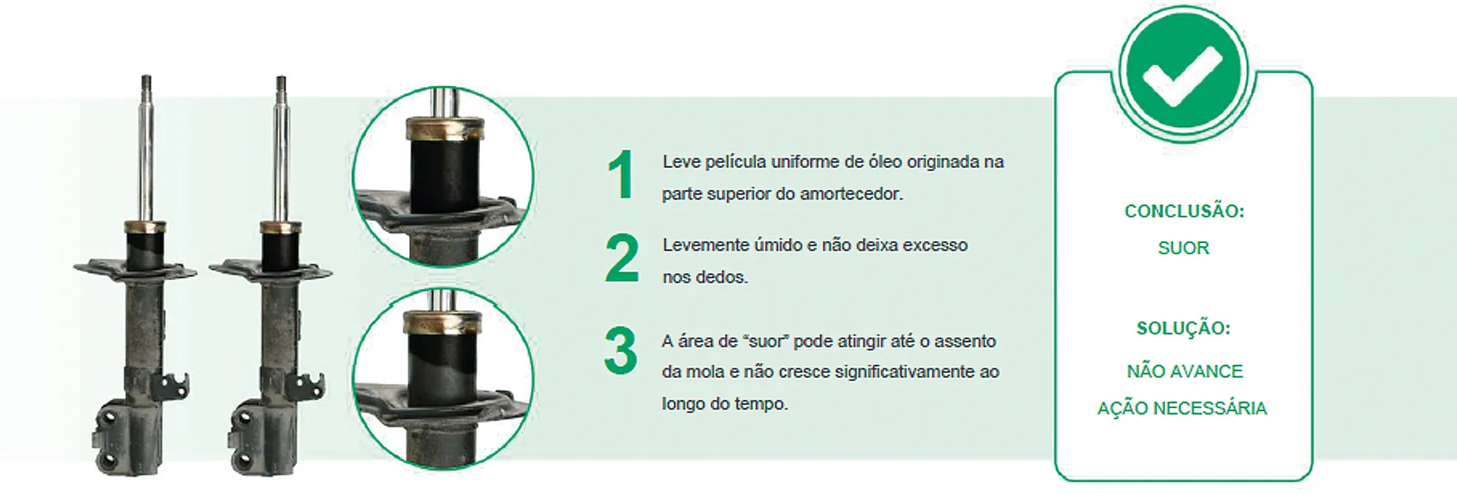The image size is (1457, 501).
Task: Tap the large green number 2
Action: point(622,259)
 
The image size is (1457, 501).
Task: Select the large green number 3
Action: point(620,351)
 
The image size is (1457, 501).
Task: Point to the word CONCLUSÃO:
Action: point(1184,211)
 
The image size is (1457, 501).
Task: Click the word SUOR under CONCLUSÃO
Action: point(1183,248)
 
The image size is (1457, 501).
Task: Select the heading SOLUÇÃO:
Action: point(1183,328)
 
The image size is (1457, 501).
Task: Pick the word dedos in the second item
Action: point(726,277)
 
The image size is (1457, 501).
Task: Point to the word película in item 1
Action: point(734,162)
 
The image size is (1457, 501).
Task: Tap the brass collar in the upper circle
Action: point(445,130)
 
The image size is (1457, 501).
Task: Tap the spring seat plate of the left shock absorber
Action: point(135,269)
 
